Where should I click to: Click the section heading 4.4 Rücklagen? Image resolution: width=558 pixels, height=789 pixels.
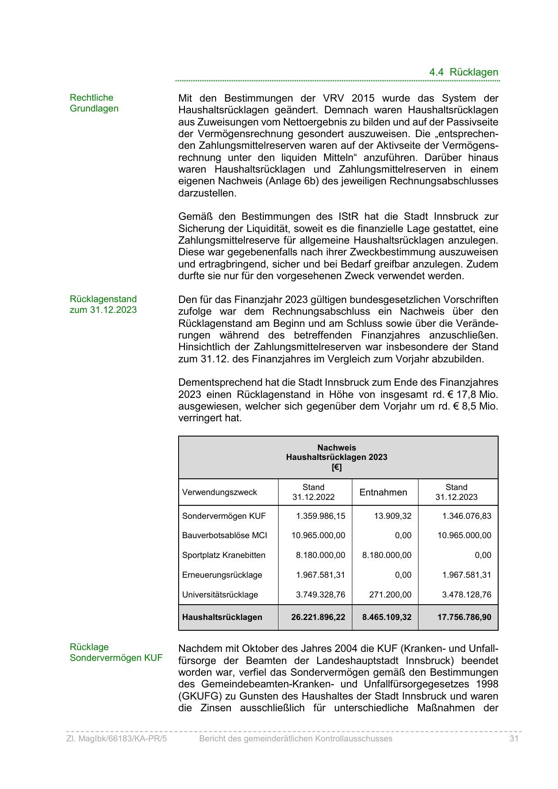click(463, 72)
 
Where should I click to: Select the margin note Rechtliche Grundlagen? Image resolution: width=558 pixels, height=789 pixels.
click(94, 103)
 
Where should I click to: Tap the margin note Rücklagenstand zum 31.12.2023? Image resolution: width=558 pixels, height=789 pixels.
click(103, 304)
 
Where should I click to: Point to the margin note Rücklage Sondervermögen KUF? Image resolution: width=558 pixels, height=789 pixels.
click(116, 652)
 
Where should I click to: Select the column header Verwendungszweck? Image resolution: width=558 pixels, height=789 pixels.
click(220, 492)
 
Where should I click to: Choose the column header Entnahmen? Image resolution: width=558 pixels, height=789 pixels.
click(383, 492)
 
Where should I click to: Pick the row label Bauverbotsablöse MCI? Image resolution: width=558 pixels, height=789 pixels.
click(225, 535)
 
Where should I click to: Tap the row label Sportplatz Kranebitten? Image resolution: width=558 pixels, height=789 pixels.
click(224, 555)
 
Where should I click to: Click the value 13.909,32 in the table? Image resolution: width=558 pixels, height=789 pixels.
click(393, 516)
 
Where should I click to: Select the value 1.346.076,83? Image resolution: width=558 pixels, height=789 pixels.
click(467, 516)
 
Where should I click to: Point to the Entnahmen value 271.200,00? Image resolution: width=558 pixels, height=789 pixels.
click(390, 595)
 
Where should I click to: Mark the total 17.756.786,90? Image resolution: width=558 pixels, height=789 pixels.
click(464, 617)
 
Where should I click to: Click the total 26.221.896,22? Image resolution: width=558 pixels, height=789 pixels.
click(318, 617)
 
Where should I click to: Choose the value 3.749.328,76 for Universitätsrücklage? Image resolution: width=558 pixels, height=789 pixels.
click(320, 595)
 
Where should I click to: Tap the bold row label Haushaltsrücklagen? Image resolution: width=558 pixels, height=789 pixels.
click(222, 617)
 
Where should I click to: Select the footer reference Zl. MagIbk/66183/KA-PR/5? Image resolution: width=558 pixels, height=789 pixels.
click(117, 739)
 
